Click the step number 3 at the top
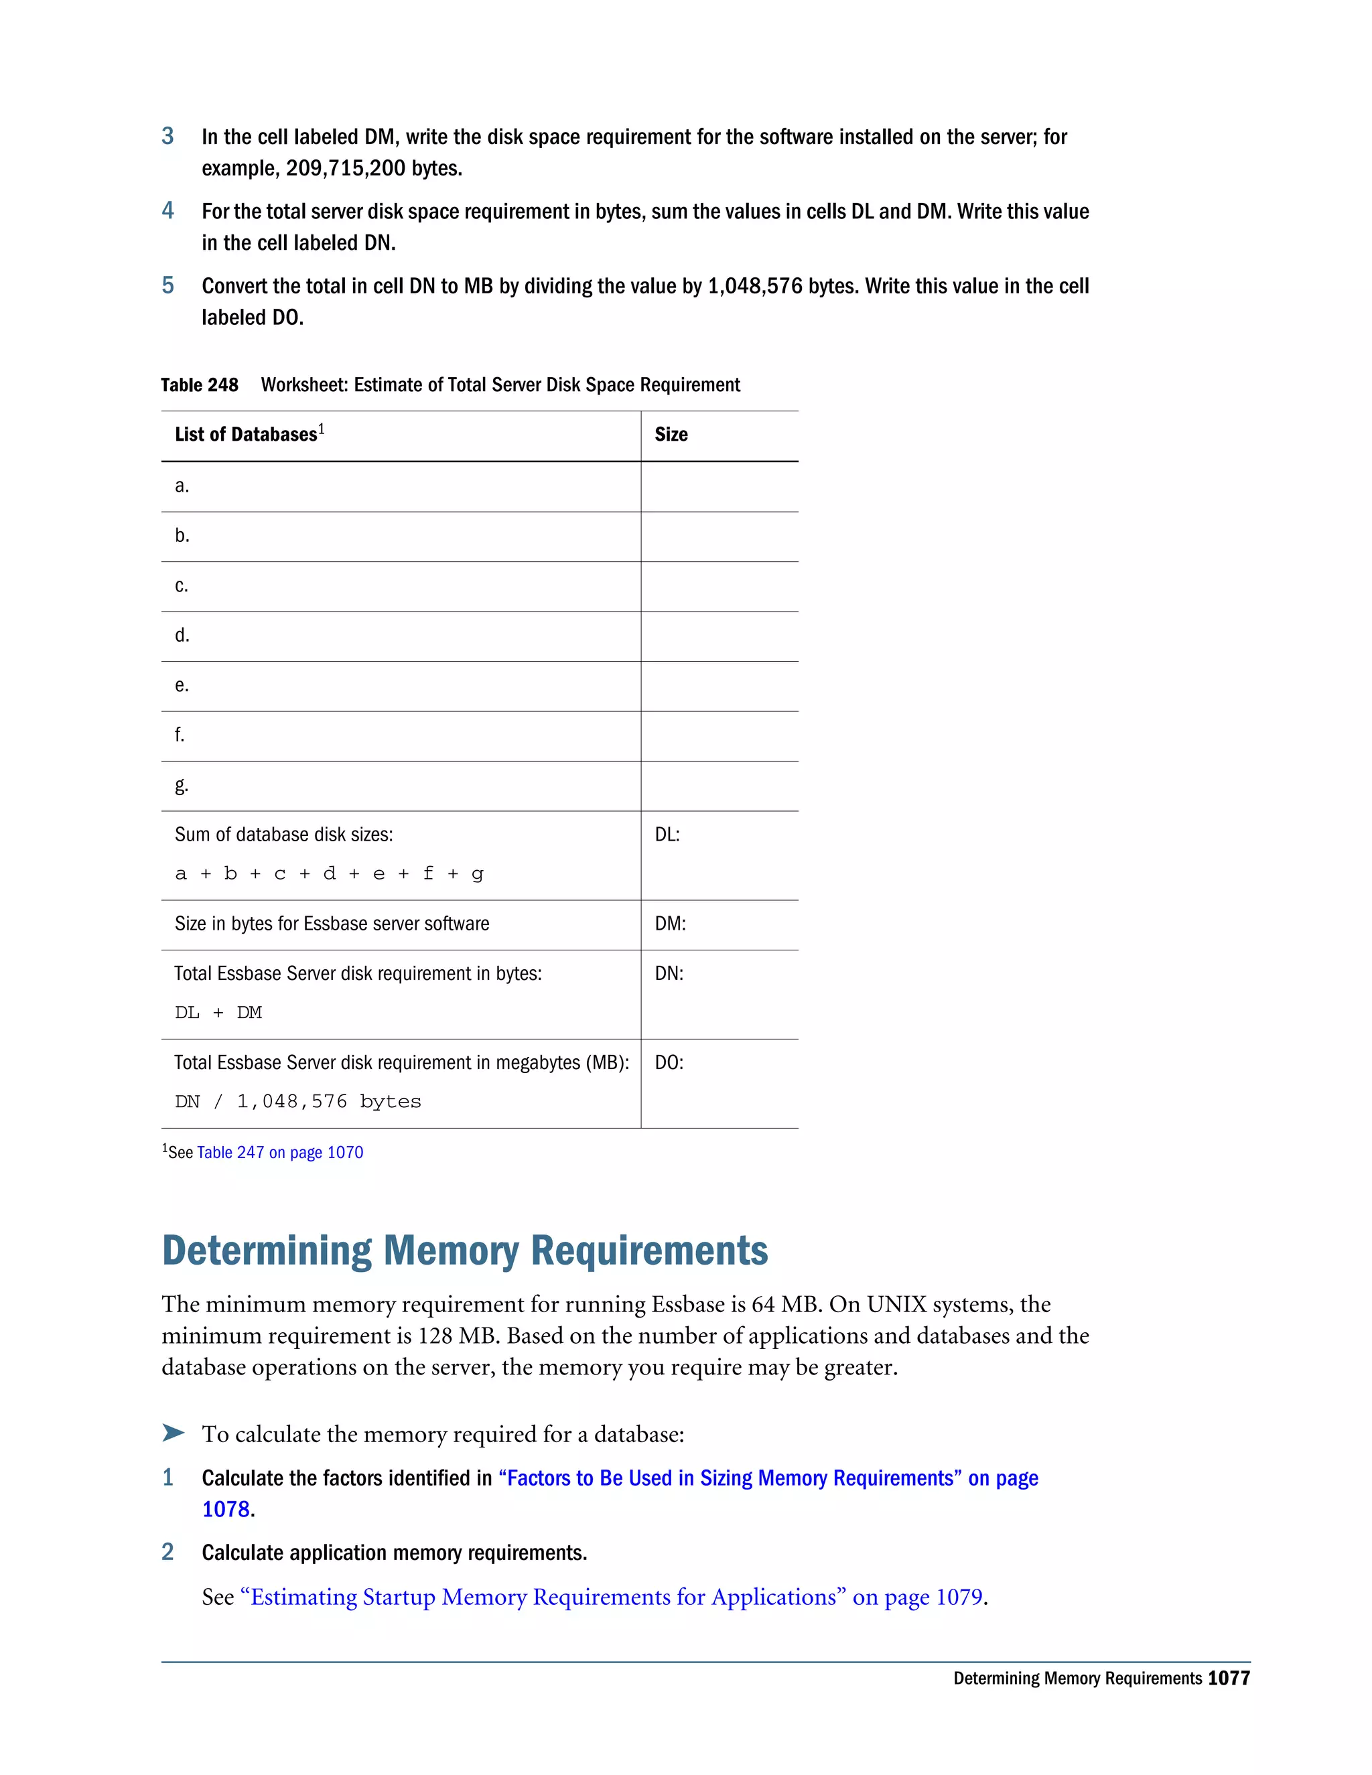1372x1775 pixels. point(167,136)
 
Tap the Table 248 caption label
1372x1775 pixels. point(199,384)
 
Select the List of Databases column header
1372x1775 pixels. point(245,434)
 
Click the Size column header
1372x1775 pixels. point(671,434)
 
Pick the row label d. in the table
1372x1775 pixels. point(182,635)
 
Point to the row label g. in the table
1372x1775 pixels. point(182,785)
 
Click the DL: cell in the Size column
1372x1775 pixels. point(667,835)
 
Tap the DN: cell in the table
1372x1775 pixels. point(669,974)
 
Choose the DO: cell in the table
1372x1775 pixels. point(669,1062)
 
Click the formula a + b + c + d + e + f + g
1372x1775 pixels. point(329,873)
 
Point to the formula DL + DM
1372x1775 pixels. point(218,1013)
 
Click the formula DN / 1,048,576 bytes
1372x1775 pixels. point(297,1101)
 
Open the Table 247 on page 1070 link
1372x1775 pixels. point(279,1153)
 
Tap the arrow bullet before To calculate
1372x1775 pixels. point(173,1432)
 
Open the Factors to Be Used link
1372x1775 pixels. point(768,1478)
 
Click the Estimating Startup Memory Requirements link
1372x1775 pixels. point(611,1597)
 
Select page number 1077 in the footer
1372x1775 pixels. point(1228,1679)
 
